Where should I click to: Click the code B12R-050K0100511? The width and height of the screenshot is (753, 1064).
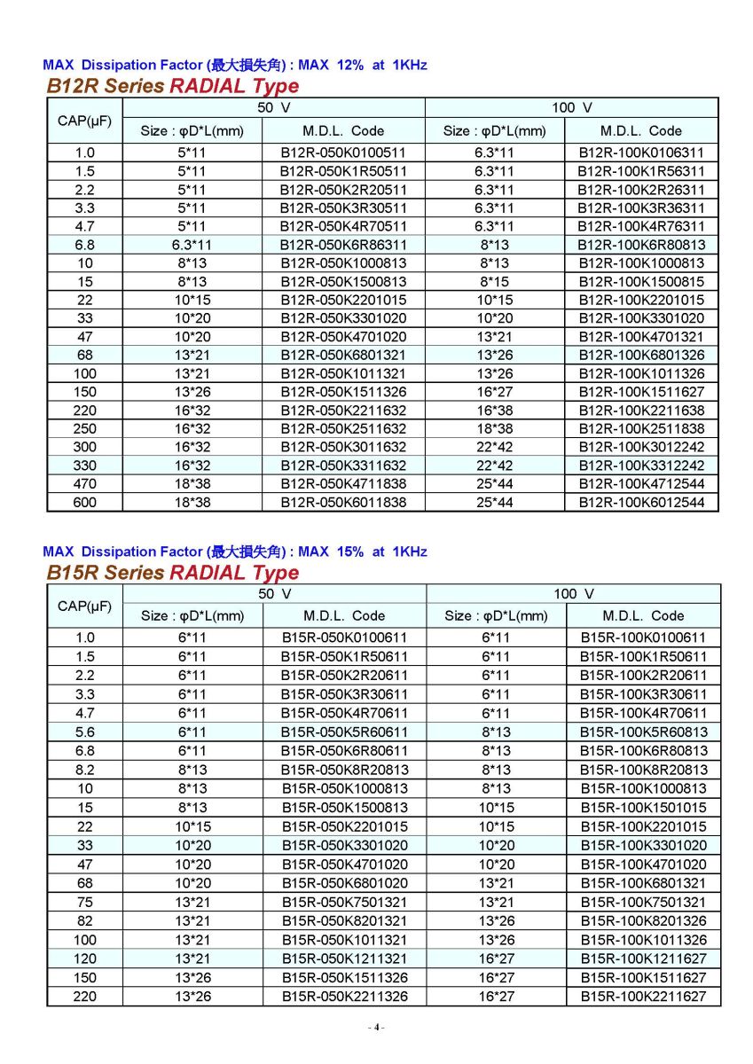[x=343, y=153]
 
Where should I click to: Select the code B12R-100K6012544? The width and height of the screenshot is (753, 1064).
[x=641, y=502]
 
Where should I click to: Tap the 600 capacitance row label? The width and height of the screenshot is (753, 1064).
[x=84, y=502]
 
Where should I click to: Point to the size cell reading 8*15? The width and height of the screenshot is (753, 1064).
[x=495, y=281]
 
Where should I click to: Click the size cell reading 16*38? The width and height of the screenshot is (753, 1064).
[x=495, y=410]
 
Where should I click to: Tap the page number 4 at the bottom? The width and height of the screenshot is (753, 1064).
[x=376, y=1027]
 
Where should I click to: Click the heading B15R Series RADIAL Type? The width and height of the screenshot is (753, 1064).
[x=172, y=572]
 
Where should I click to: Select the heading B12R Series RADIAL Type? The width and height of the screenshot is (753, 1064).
[x=172, y=86]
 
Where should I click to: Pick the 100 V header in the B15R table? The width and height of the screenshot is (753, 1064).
[x=573, y=593]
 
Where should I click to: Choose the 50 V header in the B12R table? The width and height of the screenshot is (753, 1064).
[x=273, y=107]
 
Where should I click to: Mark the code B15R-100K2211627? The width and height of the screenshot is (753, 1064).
[x=643, y=997]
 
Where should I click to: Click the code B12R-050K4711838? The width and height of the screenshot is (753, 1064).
[x=343, y=483]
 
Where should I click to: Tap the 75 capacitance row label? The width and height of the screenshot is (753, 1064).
[x=84, y=902]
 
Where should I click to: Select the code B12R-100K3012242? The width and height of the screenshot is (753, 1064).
[x=641, y=447]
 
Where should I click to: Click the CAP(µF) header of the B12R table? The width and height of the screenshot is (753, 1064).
[x=84, y=120]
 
